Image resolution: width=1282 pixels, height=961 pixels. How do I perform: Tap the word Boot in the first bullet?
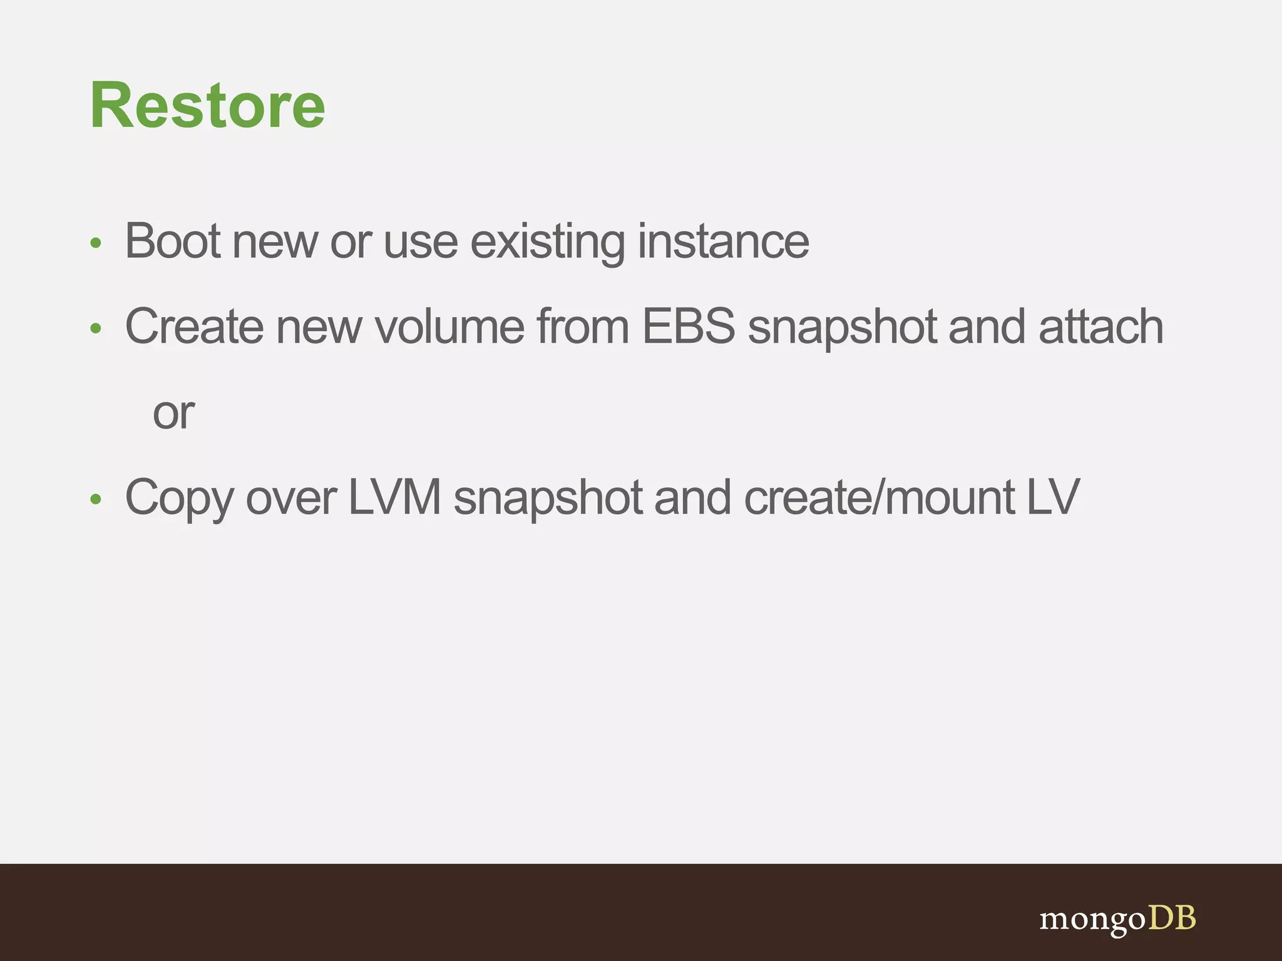(x=172, y=241)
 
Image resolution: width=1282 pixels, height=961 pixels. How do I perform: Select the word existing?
(x=547, y=242)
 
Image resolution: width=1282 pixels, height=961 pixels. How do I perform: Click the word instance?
(x=723, y=241)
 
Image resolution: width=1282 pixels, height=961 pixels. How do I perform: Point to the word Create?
(x=194, y=327)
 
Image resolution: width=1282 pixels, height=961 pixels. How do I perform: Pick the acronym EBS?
(x=689, y=327)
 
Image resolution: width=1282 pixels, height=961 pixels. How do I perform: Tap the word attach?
(x=1100, y=327)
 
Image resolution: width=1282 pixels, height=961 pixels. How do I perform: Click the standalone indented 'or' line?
(x=173, y=414)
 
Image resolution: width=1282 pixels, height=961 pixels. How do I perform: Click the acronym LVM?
(x=394, y=497)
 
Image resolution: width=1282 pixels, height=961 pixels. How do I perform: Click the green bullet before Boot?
(x=96, y=243)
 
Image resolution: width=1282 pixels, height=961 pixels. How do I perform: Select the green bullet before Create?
(x=96, y=328)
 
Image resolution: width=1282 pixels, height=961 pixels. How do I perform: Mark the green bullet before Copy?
(x=96, y=499)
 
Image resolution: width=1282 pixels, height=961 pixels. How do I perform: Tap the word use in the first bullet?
(x=421, y=242)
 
